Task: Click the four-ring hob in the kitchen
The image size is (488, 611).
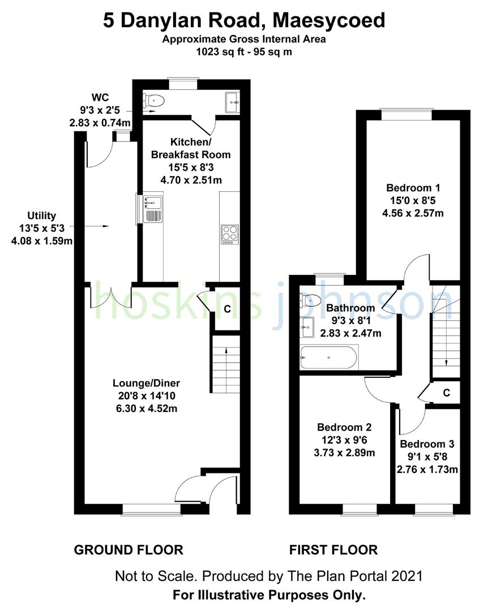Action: click(229, 234)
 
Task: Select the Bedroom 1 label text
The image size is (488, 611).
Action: click(413, 188)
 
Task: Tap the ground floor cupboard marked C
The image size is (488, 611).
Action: click(227, 309)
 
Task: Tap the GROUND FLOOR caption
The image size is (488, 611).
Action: click(129, 549)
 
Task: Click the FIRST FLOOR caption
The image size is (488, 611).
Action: click(333, 549)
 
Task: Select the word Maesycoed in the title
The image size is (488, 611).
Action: click(329, 21)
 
